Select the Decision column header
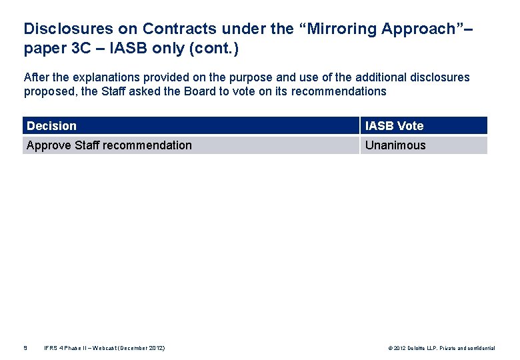point(52,126)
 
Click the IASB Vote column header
point(394,126)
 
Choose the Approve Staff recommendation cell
point(109,145)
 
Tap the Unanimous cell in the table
point(395,145)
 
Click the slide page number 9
point(25,348)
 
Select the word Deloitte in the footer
point(421,348)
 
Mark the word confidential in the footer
point(480,348)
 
